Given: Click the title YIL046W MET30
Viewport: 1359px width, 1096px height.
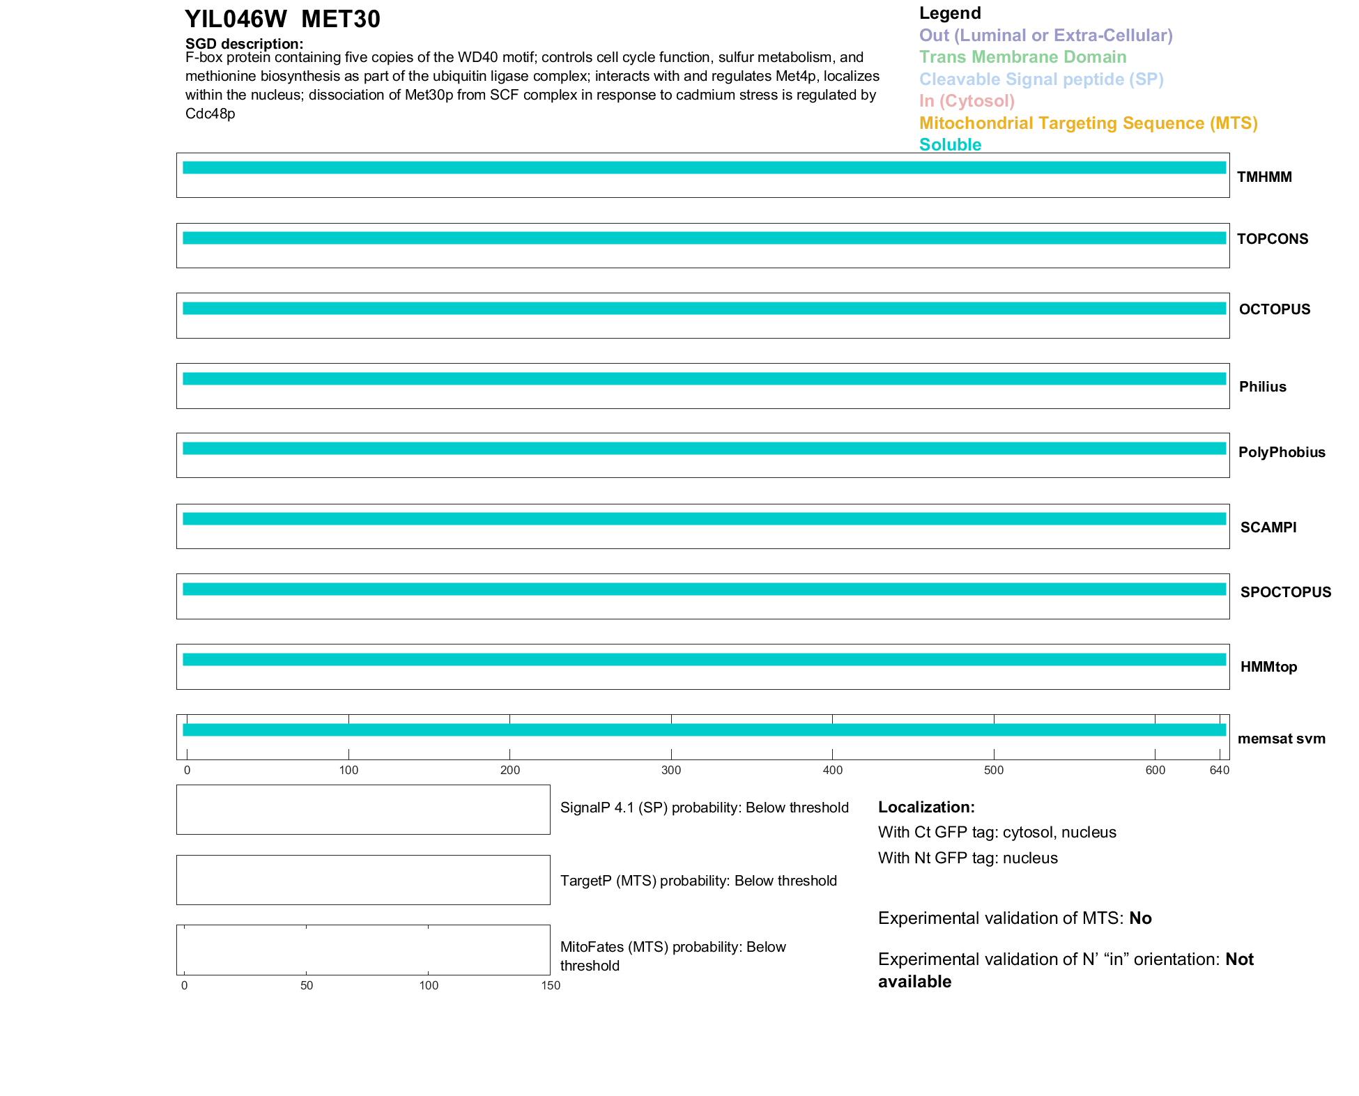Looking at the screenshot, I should click(x=282, y=20).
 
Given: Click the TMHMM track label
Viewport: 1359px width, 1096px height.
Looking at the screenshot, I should click(x=1264, y=177).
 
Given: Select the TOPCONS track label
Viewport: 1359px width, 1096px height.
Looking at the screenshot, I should click(x=1272, y=239).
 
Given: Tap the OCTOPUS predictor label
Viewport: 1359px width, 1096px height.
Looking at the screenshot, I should click(x=1274, y=309).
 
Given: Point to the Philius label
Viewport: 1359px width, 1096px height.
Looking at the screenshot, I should click(x=1262, y=387).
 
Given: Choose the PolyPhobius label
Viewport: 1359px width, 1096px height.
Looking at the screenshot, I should click(x=1281, y=452).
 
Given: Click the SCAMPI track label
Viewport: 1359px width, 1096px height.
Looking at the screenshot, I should click(x=1268, y=527).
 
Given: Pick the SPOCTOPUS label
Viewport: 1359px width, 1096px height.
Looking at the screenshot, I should click(x=1285, y=592).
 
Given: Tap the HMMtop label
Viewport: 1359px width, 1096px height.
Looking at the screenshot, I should click(x=1268, y=667).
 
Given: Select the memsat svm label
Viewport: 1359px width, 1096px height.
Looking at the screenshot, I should click(x=1281, y=739).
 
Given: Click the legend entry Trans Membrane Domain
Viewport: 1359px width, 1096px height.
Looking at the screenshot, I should click(x=1022, y=57).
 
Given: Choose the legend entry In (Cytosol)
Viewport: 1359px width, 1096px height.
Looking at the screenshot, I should click(x=967, y=101).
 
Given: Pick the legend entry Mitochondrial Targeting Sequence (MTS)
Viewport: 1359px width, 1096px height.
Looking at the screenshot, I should click(x=1088, y=123).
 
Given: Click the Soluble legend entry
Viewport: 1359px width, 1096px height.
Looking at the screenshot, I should click(x=950, y=145).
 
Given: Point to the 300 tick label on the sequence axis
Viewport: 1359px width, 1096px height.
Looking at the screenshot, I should click(x=671, y=770).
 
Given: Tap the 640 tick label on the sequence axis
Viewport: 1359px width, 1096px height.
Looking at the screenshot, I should click(x=1220, y=770).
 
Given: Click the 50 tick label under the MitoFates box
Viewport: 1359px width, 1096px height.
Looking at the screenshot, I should click(x=307, y=985).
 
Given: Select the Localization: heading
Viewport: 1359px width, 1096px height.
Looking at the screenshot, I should click(x=926, y=807).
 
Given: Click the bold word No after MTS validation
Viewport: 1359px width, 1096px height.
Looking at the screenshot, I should click(x=1140, y=918).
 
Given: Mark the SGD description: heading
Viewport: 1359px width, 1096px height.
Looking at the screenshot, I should click(x=244, y=44).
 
